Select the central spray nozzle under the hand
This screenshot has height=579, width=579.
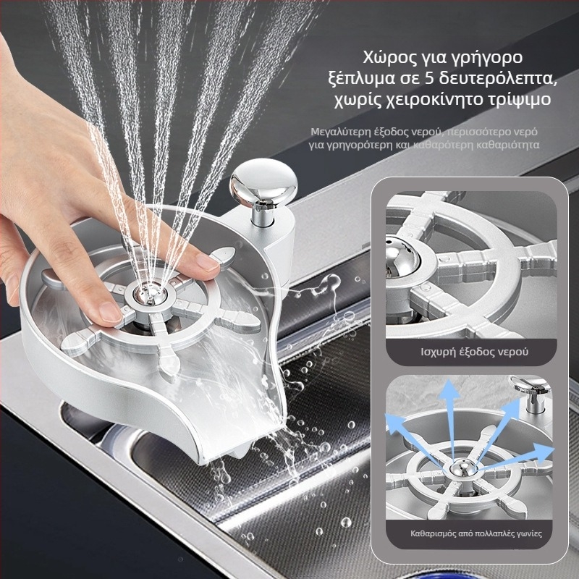click(151, 295)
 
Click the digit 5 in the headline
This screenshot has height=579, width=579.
click(428, 79)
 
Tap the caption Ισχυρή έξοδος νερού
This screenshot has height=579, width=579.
click(475, 352)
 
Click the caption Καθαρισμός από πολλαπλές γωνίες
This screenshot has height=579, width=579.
click(476, 533)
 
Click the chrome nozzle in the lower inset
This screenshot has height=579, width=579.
click(463, 468)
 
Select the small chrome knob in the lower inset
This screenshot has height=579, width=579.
click(531, 393)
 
